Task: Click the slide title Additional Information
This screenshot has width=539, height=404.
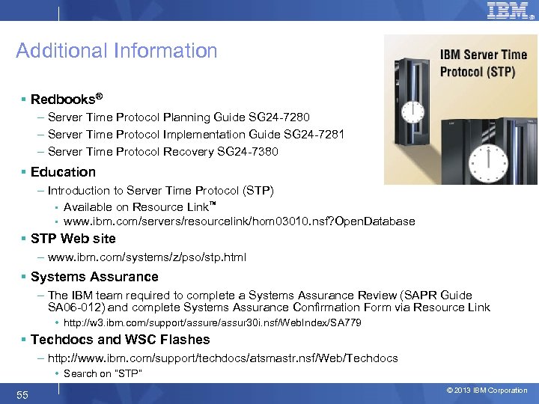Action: coord(117,51)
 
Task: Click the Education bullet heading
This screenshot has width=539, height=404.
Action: coord(64,172)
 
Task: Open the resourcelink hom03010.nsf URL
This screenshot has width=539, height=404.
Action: coord(239,221)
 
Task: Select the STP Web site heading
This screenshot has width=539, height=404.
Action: coord(73,239)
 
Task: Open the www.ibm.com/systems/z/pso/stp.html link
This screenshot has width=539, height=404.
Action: coord(147,257)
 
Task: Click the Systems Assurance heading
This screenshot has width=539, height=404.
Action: coord(94,277)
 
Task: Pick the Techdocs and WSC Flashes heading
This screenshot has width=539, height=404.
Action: coord(120,340)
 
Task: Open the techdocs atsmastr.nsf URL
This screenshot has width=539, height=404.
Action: coord(222,358)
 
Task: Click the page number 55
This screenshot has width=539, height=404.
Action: coord(22,394)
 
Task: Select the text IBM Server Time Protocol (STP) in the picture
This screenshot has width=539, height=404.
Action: coord(484,63)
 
